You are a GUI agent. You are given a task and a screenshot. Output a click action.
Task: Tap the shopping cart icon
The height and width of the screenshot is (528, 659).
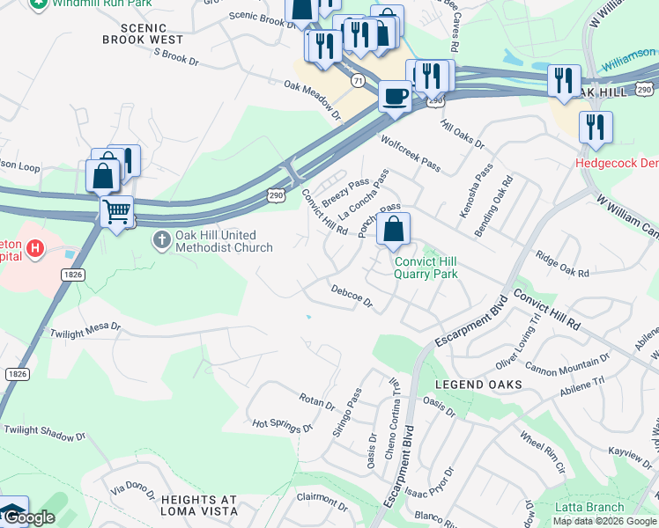point(116,211)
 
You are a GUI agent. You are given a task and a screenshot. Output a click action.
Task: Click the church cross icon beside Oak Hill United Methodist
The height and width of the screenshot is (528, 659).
point(161,240)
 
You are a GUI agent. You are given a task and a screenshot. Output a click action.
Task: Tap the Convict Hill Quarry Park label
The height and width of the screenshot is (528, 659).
point(426,268)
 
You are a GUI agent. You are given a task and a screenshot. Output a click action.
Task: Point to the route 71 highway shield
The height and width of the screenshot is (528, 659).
point(357,80)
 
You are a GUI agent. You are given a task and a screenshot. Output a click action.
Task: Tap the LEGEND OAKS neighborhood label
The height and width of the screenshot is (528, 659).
point(478,385)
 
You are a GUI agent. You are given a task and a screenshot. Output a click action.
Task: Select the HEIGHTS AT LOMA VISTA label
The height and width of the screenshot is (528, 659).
point(198,505)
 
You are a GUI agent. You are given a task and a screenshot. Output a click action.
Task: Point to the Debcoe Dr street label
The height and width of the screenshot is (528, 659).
point(352,297)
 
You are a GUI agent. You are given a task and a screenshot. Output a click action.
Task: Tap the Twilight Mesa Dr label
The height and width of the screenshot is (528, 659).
point(85,328)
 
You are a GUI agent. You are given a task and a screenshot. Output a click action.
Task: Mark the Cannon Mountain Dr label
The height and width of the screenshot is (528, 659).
point(566,362)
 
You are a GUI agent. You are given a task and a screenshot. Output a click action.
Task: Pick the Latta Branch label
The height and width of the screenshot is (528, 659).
point(589,507)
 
